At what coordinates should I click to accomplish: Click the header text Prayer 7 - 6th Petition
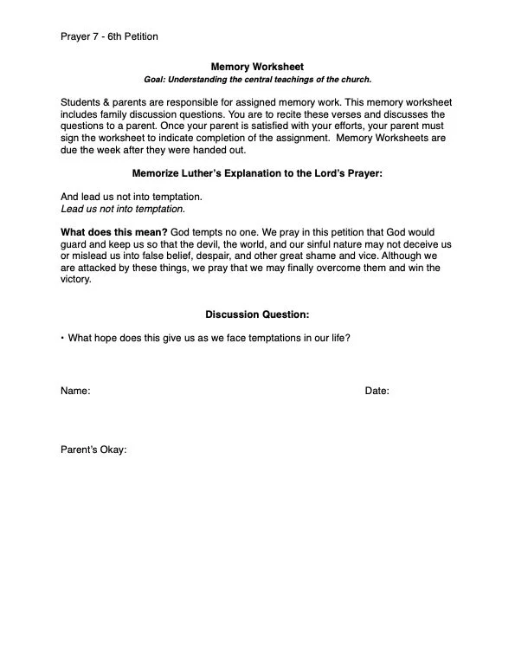pyautogui.click(x=109, y=36)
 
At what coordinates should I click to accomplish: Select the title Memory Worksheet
pyautogui.click(x=257, y=66)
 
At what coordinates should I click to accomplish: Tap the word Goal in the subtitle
pyautogui.click(x=155, y=80)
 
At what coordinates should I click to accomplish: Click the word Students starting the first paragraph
pyautogui.click(x=81, y=102)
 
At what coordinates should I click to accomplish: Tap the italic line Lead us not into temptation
pyautogui.click(x=123, y=209)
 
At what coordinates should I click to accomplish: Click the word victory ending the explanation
pyautogui.click(x=74, y=280)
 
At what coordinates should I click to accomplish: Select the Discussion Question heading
pyautogui.click(x=257, y=314)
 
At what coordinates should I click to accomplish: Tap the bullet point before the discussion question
pyautogui.click(x=62, y=338)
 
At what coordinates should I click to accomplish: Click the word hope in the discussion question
pyautogui.click(x=108, y=338)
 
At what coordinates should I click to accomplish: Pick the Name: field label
pyautogui.click(x=75, y=392)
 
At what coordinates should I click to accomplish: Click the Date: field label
pyautogui.click(x=377, y=392)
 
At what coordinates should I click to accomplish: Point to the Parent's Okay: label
pyautogui.click(x=93, y=450)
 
